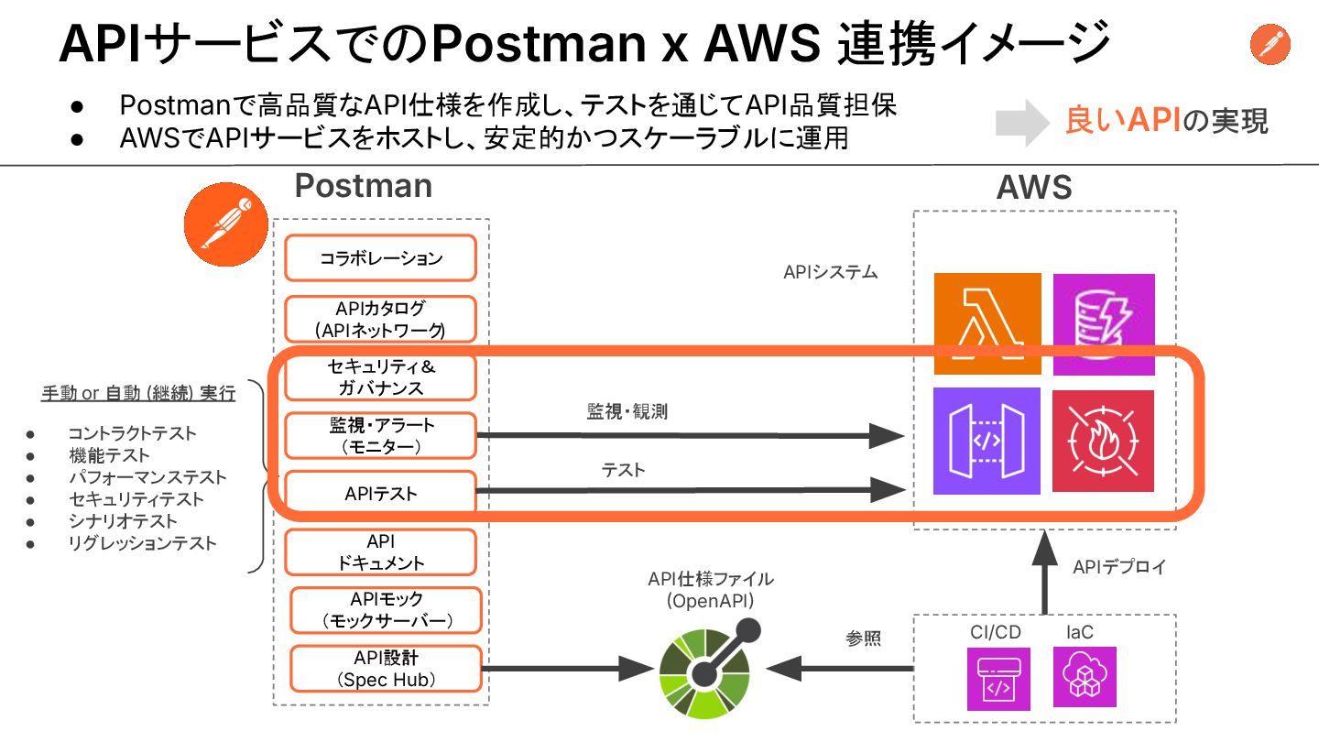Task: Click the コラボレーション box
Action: pos(380,258)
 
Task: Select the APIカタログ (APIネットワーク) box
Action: pos(380,319)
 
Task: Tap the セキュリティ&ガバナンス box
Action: pos(380,376)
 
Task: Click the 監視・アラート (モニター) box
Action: pos(380,436)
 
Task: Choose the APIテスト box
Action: pos(380,495)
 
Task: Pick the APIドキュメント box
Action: pos(380,552)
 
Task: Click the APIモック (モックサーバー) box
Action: pos(386,610)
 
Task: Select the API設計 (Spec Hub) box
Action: pos(386,669)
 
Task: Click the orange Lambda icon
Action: pos(987,323)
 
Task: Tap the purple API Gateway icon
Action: pos(987,441)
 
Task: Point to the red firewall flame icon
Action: pos(1104,441)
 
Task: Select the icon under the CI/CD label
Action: pos(998,679)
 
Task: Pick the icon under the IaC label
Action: pos(1085,677)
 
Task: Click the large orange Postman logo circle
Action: pos(223,224)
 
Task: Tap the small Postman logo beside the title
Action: pos(1270,44)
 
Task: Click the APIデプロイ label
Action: pos(1119,567)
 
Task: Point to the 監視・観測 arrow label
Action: pos(627,412)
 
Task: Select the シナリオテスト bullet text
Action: pos(123,521)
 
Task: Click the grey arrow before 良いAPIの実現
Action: pos(1021,122)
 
